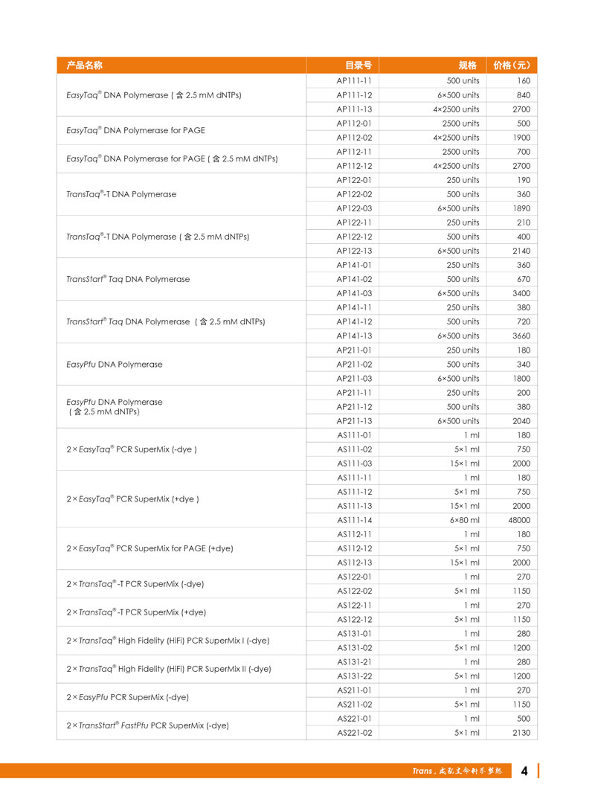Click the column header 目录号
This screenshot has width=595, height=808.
(358, 65)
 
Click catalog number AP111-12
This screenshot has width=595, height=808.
(354, 95)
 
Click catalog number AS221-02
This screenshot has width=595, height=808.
(354, 733)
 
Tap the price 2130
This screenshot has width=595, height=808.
(521, 733)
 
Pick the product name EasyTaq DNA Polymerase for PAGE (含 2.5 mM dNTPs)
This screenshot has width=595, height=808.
(172, 158)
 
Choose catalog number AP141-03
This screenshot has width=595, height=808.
(354, 293)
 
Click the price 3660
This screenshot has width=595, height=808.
(521, 336)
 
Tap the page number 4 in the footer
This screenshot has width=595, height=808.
(524, 771)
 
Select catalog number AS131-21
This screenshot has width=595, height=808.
(354, 662)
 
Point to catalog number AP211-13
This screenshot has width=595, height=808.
(354, 421)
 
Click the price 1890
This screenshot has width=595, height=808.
(521, 208)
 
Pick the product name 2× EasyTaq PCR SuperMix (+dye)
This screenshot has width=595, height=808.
(133, 499)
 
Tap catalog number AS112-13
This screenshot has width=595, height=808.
(354, 562)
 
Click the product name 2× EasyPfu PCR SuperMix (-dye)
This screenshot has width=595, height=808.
(127, 697)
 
